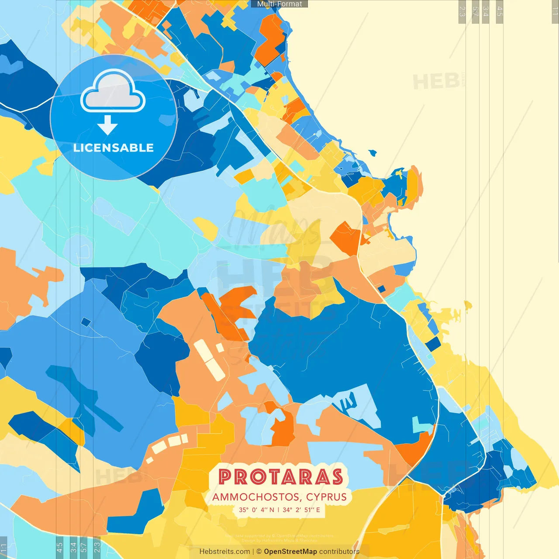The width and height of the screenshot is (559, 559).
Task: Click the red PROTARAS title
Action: (x=280, y=477)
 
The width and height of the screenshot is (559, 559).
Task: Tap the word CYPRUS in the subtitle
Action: (x=326, y=497)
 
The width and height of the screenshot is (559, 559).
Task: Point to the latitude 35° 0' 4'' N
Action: (x=256, y=510)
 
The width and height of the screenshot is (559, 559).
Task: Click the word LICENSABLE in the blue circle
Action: (x=114, y=148)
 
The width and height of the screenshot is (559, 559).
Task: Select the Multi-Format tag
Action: (x=279, y=4)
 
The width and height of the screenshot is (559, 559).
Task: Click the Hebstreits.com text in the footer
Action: (x=224, y=552)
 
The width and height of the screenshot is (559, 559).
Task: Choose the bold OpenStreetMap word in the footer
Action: (x=290, y=552)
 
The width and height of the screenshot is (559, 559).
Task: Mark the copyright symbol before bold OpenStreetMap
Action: (x=259, y=552)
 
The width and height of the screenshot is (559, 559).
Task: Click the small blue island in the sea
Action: (x=372, y=153)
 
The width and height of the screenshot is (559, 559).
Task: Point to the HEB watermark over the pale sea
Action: (x=436, y=82)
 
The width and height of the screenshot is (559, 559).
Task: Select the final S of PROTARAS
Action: (x=337, y=477)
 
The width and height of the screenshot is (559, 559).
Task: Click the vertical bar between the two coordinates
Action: (x=279, y=510)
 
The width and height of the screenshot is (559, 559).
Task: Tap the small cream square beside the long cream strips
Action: (x=220, y=348)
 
